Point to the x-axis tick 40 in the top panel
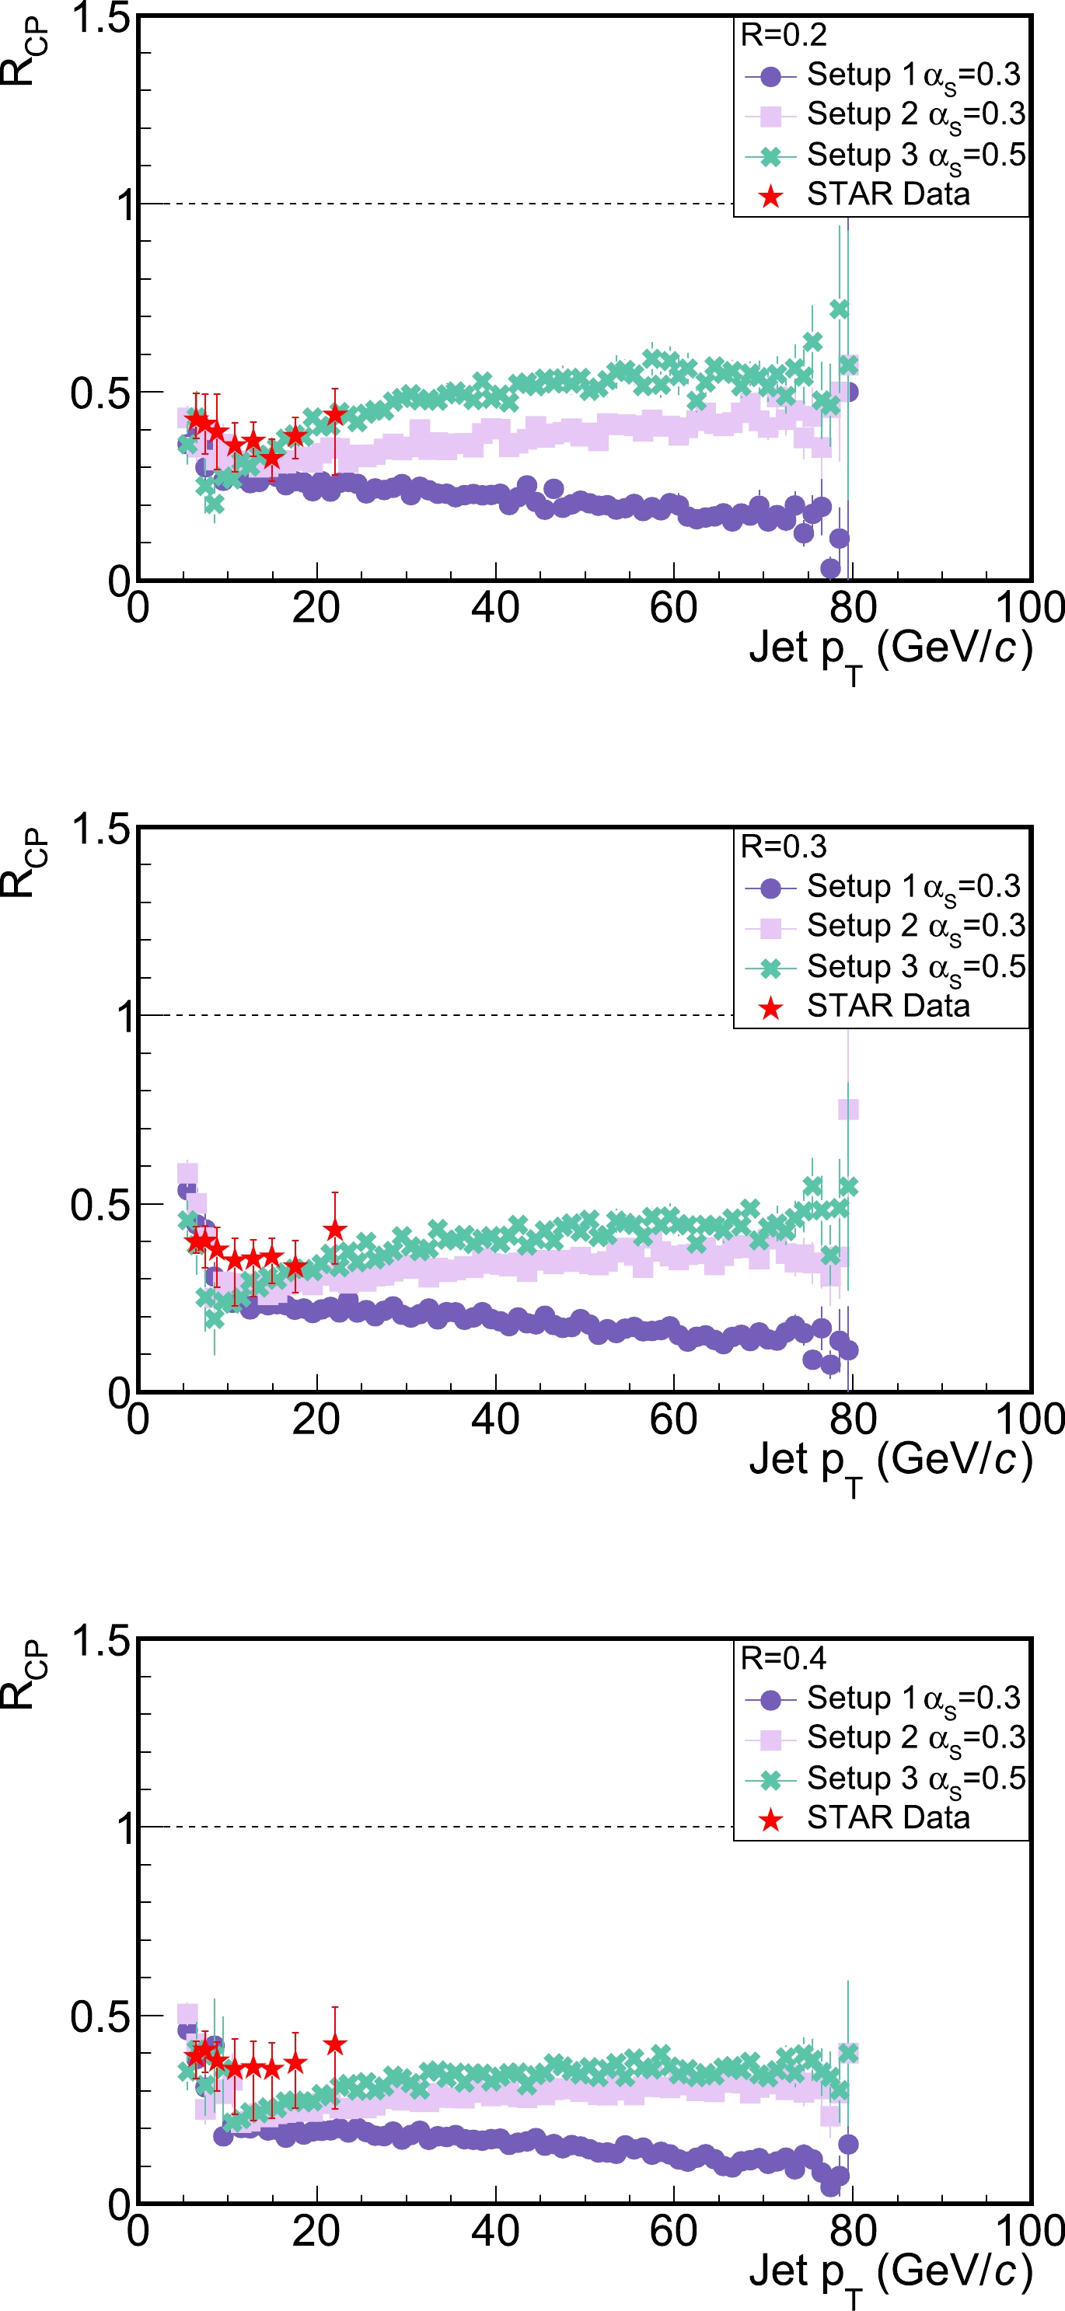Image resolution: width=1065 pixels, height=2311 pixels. pos(495,608)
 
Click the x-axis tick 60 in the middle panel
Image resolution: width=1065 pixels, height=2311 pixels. pos(674,1419)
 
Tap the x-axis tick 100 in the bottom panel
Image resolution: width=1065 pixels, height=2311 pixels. pos(1030,2231)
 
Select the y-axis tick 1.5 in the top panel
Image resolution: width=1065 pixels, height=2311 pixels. pos(100,18)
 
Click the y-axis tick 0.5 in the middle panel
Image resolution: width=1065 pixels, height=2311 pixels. pos(100,1204)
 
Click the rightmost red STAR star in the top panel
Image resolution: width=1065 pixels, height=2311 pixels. pos(335,414)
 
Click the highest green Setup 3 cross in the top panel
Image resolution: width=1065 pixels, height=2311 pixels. pos(839,309)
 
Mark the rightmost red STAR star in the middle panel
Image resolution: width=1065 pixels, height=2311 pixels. pos(335,1229)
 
